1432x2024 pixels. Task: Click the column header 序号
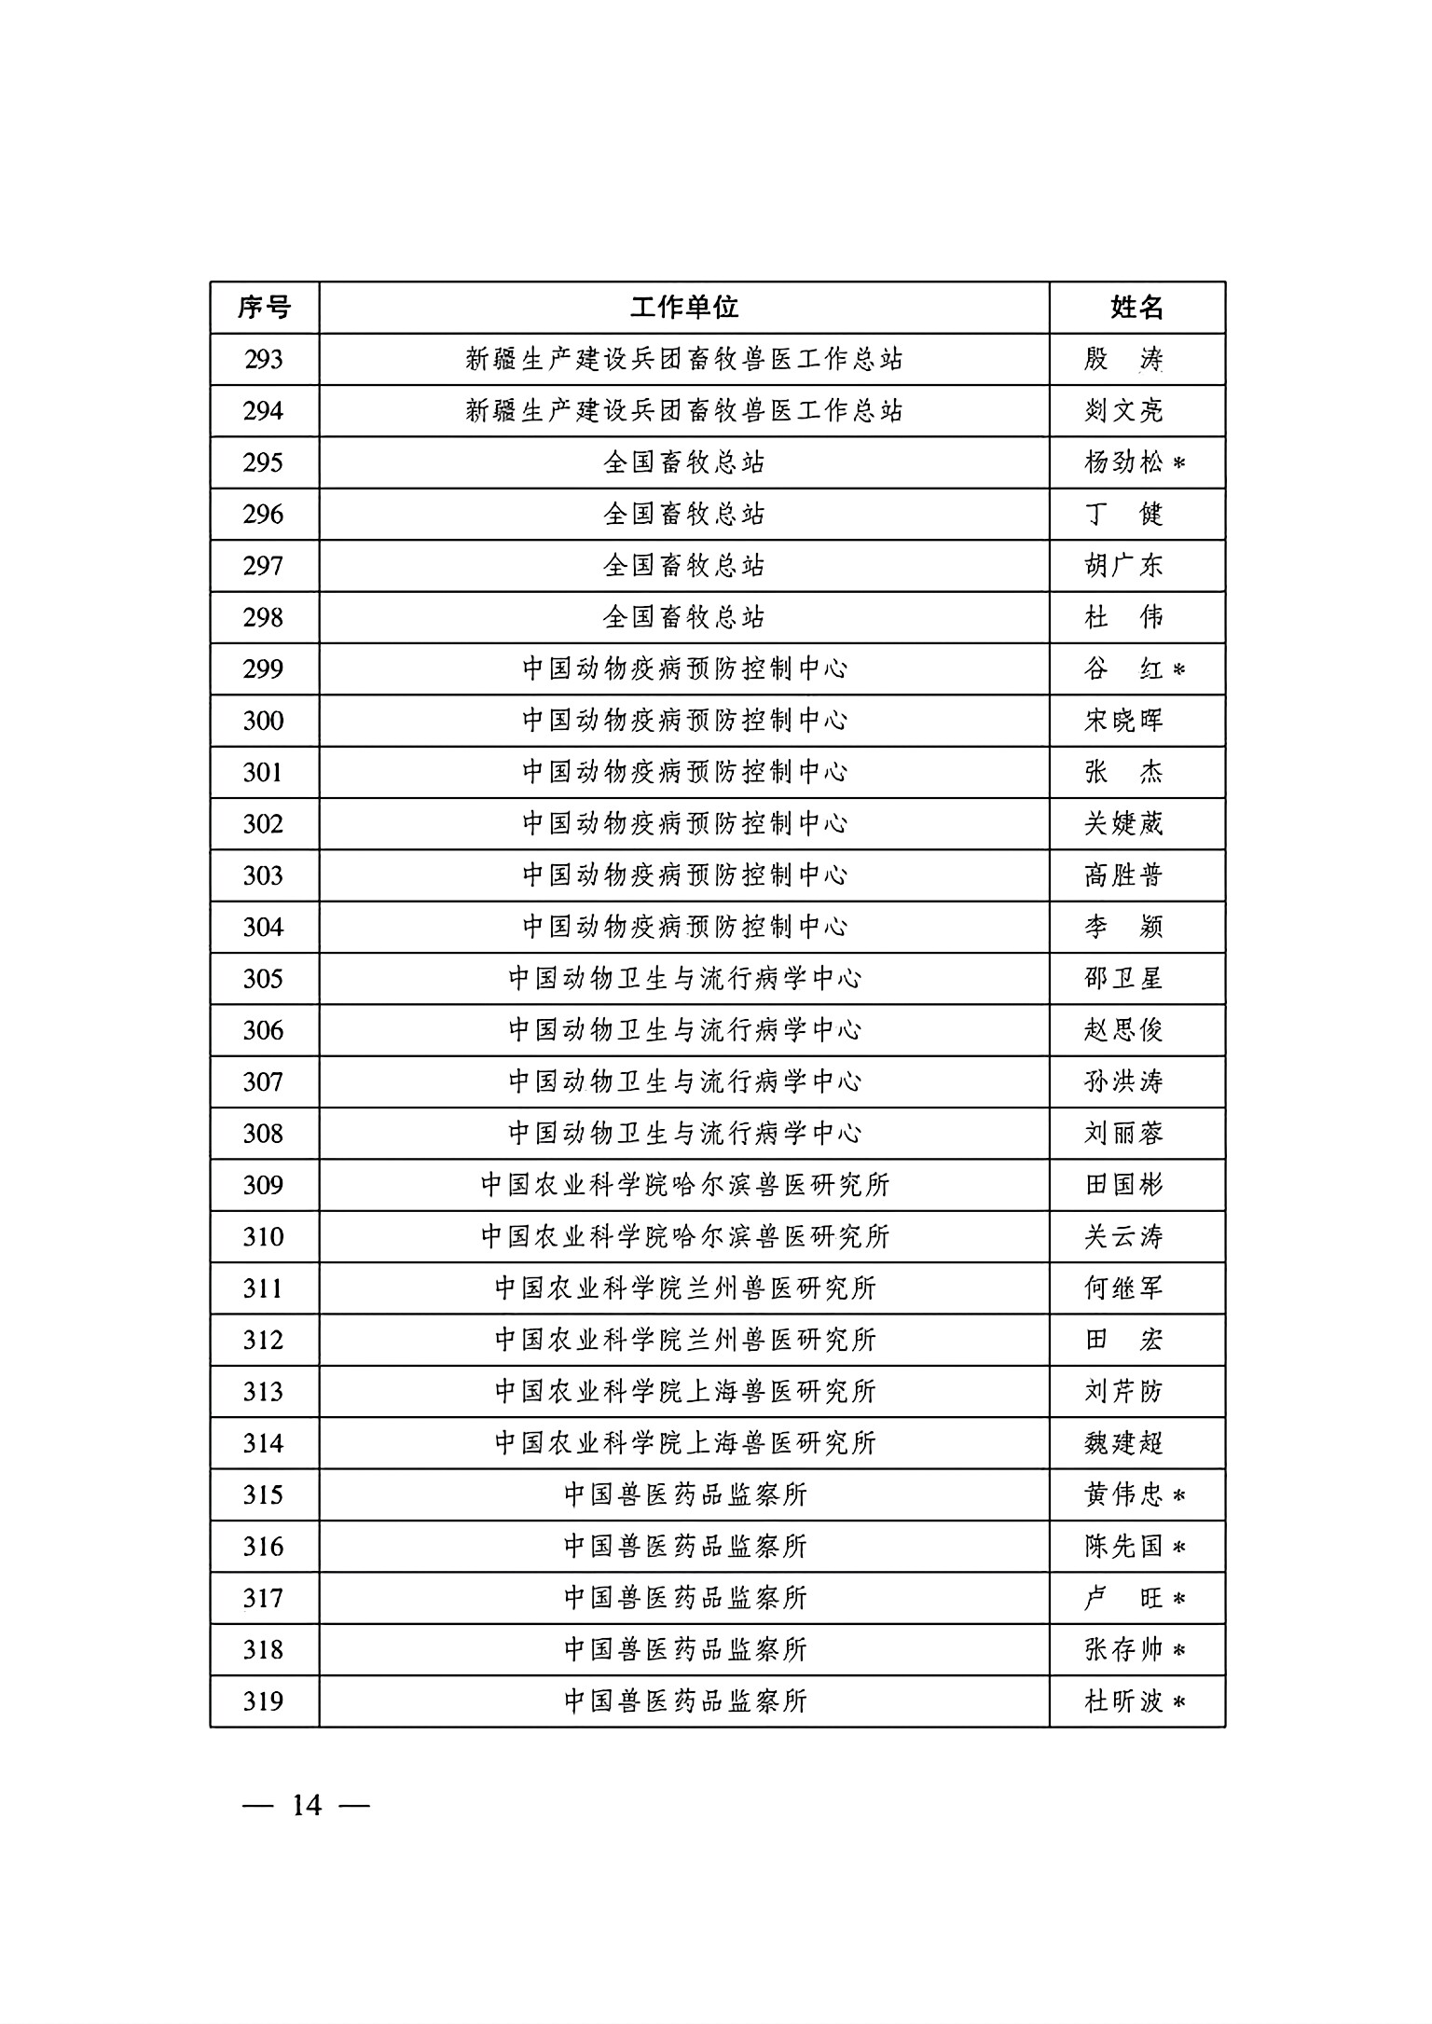coord(264,308)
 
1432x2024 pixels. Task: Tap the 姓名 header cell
coord(1136,308)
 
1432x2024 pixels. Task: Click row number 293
coord(264,360)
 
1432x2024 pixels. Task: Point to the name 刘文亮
coord(1123,411)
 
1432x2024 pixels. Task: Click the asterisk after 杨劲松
coord(1178,464)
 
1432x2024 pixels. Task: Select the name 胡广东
coord(1123,566)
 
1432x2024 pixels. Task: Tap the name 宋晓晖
coord(1123,721)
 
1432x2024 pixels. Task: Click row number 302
coord(264,824)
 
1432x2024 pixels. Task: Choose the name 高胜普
coord(1123,875)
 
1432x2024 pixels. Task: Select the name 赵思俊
coord(1123,1030)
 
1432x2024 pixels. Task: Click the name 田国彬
coord(1123,1185)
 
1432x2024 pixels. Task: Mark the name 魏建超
coord(1123,1443)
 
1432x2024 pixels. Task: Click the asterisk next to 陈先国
coord(1178,1548)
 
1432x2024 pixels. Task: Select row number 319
coord(264,1701)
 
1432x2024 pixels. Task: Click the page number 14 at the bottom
coord(306,1806)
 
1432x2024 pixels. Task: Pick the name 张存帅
coord(1123,1650)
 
